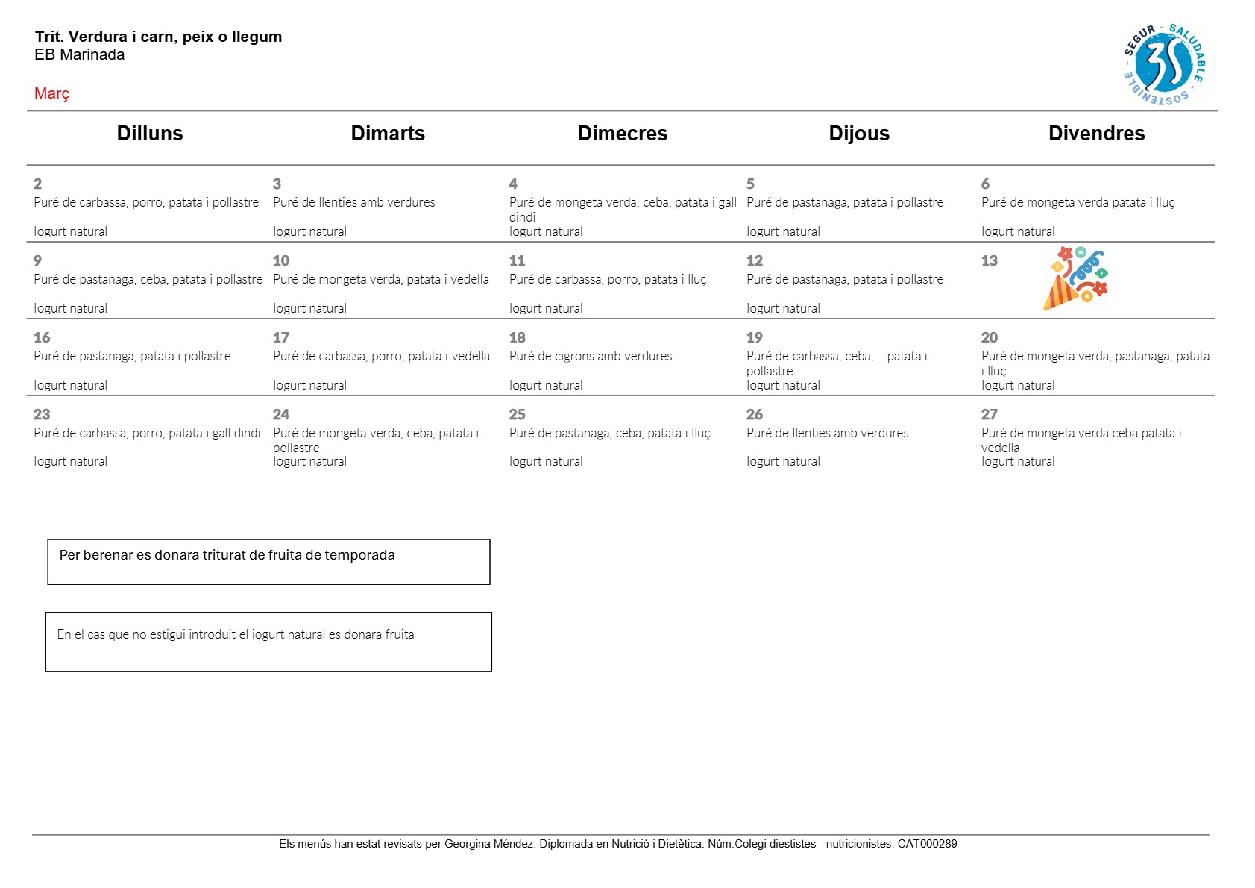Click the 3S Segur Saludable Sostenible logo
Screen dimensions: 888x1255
tap(1164, 64)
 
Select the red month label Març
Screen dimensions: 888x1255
tap(51, 93)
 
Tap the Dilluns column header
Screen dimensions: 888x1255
tap(150, 134)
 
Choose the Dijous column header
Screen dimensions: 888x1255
tap(859, 134)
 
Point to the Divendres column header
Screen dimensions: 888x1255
tap(1096, 134)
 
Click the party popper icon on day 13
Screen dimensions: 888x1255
tap(1075, 278)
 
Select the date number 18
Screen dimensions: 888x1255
tap(518, 337)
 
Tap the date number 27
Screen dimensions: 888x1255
tap(990, 414)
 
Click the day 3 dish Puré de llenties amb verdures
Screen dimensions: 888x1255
tap(354, 202)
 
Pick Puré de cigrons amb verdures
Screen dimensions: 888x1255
tap(591, 356)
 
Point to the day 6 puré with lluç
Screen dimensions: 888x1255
tap(1078, 202)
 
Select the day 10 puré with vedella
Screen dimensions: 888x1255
tap(381, 279)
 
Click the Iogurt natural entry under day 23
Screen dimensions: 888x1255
tap(71, 461)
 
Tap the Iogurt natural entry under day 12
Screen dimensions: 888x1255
tap(783, 308)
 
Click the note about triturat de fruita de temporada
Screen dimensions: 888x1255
tap(227, 555)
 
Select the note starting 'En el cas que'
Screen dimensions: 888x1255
tap(236, 634)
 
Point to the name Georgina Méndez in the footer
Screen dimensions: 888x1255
tap(489, 844)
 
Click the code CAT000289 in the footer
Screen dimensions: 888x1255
tap(927, 844)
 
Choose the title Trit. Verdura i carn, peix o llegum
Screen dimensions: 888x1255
tap(158, 37)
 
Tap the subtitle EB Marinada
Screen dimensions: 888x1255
tap(80, 54)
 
